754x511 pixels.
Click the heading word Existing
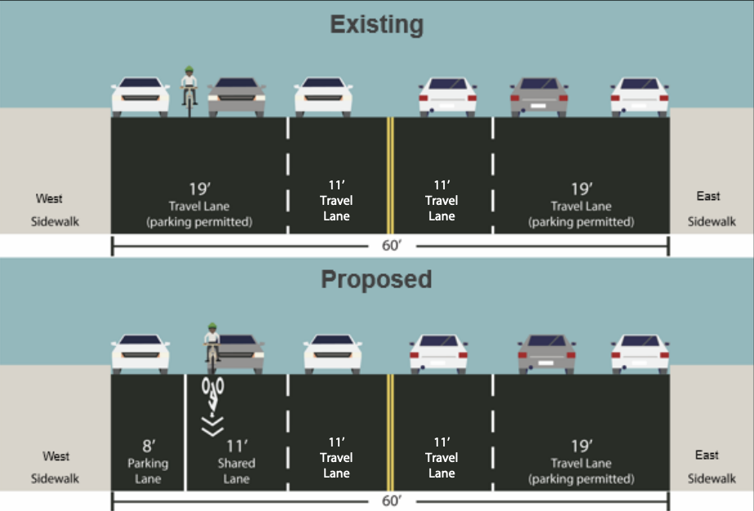click(376, 24)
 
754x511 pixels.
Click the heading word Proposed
click(376, 279)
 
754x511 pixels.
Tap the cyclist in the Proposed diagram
click(212, 345)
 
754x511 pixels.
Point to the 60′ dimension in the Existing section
click(390, 243)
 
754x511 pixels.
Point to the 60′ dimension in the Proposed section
click(390, 500)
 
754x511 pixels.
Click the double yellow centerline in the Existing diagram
click(390, 176)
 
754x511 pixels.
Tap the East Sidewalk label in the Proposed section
click(707, 466)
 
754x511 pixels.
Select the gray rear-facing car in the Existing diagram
click(539, 97)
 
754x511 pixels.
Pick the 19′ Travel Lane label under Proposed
click(580, 461)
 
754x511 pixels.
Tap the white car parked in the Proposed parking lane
click(140, 352)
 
